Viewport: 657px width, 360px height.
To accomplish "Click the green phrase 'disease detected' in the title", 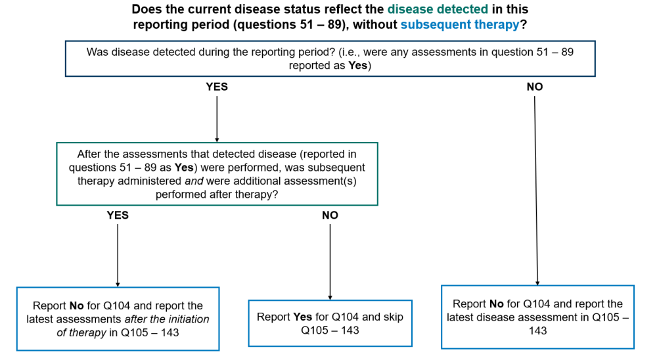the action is (438, 9).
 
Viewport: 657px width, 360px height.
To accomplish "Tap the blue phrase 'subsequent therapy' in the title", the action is (460, 25).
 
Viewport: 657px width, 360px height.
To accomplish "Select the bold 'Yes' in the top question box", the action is (357, 66).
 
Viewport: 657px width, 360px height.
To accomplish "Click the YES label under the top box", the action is (217, 87).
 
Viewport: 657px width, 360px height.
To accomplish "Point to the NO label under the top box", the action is (535, 87).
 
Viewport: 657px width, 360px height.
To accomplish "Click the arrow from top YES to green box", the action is (217, 119).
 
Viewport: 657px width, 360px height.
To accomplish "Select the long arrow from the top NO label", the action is (536, 191).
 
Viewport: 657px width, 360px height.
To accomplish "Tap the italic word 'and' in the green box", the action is (194, 181).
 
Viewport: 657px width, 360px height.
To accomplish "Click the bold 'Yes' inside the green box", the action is (184, 168).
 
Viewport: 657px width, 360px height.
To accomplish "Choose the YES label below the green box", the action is (118, 215).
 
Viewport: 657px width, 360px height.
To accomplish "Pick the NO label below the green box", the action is (330, 215).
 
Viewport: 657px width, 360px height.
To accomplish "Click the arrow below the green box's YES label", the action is (118, 256).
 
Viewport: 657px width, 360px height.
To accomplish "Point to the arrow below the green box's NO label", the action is (330, 262).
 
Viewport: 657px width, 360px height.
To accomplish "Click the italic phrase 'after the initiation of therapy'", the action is (133, 326).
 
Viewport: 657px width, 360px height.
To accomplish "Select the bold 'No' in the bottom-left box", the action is (77, 306).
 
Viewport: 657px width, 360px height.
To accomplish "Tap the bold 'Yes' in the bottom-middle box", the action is (302, 317).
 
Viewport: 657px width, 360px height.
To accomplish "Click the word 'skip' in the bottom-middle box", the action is (394, 317).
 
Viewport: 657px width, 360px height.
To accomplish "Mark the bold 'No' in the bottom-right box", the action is (497, 304).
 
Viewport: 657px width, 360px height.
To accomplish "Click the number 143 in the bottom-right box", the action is (537, 330).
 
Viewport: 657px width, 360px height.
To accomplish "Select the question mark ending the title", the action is (524, 25).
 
